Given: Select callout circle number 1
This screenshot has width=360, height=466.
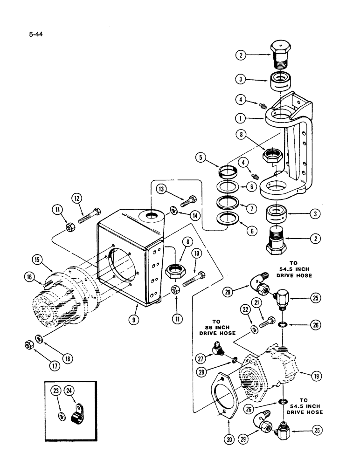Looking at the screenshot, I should click(253, 118).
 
